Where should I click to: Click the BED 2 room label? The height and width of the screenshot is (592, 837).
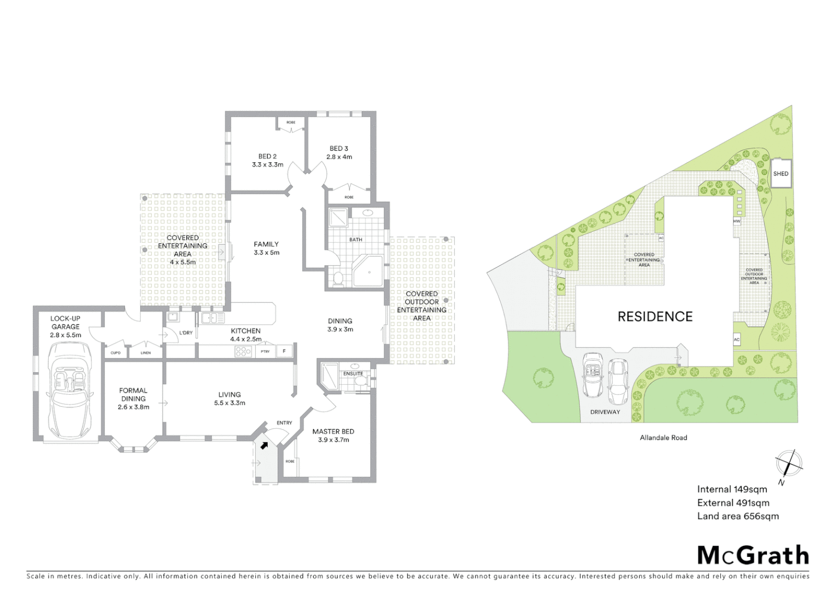[x=267, y=156]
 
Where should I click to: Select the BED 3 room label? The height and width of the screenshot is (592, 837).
[x=339, y=149]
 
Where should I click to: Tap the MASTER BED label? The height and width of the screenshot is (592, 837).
[x=333, y=431]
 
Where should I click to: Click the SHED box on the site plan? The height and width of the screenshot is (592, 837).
[x=781, y=174]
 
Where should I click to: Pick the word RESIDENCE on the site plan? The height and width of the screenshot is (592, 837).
[x=655, y=316]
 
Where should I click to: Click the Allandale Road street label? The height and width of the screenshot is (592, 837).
[x=663, y=437]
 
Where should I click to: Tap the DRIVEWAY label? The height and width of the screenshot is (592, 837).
[x=605, y=412]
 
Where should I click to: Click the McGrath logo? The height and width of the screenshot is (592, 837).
[x=753, y=555]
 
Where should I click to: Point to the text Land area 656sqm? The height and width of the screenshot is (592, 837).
[x=737, y=516]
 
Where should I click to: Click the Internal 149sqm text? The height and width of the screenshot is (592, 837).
[x=732, y=489]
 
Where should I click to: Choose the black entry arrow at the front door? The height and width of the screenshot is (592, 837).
[x=264, y=445]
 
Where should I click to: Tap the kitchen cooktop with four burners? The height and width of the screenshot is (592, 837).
[x=243, y=351]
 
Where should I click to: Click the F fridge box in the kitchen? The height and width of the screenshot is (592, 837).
[x=284, y=351]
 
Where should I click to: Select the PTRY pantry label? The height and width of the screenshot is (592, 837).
[x=265, y=351]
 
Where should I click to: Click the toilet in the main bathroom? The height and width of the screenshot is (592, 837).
[x=337, y=278]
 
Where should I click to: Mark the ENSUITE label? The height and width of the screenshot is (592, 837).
[x=353, y=374]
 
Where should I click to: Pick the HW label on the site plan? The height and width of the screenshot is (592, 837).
[x=737, y=221]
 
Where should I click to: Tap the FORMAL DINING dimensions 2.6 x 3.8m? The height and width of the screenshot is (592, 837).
[x=133, y=407]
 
